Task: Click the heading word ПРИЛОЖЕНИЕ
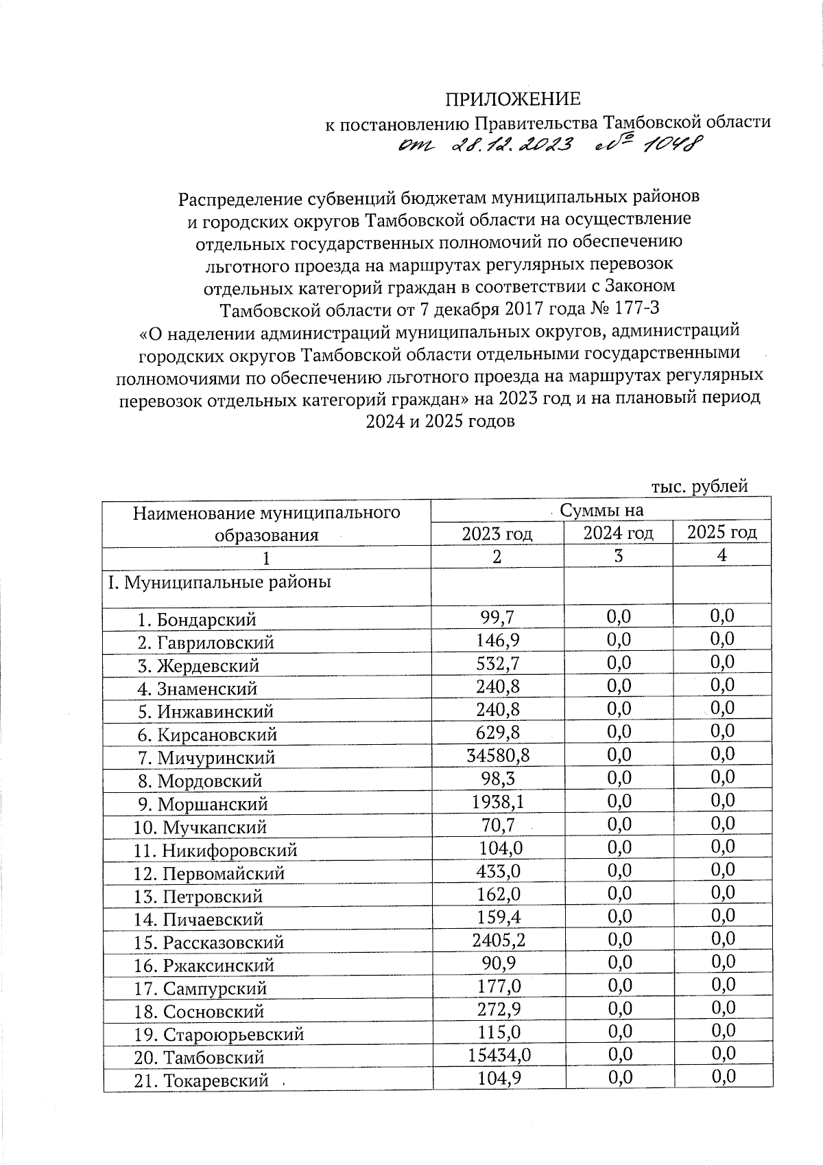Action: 513,100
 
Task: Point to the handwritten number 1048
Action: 668,143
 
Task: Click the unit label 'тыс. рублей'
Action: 698,487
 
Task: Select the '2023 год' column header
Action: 497,533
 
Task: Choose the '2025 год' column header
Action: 721,532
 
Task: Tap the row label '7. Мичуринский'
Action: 206,758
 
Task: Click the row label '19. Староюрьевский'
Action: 219,1035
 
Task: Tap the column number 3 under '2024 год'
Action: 618,556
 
